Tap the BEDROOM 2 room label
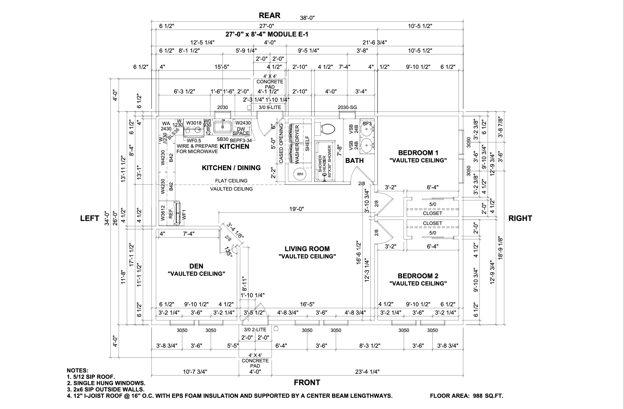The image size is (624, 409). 418,276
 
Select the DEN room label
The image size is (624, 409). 196,266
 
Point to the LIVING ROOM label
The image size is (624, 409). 307,249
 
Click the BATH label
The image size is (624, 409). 354,160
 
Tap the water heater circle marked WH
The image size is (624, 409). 300,174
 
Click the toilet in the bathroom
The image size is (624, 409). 326,129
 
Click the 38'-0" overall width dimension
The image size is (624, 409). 307,18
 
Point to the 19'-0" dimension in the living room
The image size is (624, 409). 297,209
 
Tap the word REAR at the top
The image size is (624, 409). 269,15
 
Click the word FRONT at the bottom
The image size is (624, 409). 307,383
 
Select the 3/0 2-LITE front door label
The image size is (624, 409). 255,330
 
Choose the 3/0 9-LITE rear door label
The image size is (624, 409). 270,107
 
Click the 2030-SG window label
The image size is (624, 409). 347,107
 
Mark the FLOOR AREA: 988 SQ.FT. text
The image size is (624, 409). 466,396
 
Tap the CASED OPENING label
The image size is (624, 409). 281,143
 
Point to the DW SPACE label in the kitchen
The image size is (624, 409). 241,131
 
